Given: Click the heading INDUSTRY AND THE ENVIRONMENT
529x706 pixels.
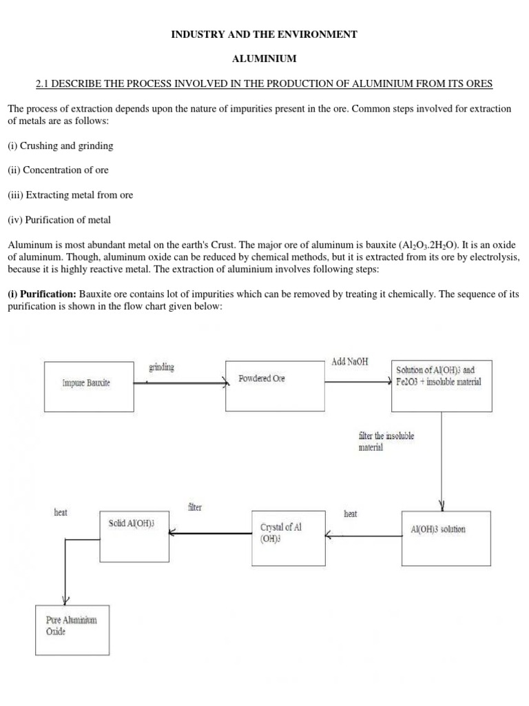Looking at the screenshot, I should [x=264, y=34].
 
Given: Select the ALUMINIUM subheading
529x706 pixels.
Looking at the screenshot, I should [x=264, y=59].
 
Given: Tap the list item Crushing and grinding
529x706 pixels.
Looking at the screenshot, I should [x=61, y=145].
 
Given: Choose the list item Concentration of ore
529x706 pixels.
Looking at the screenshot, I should [x=59, y=170].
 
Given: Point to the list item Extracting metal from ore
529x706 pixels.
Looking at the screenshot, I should [x=70, y=195].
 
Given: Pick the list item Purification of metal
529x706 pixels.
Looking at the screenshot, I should [x=59, y=220].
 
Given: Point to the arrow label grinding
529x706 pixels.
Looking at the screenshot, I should [x=162, y=367].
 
